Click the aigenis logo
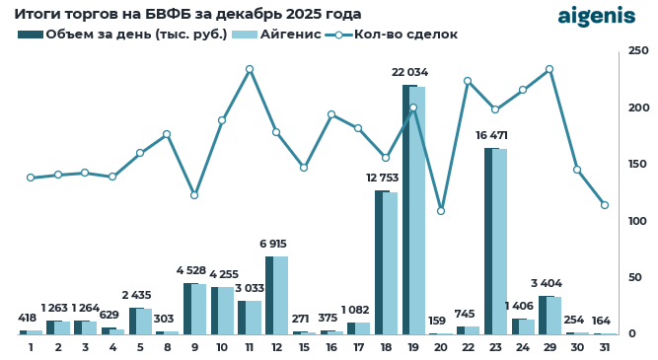[x=597, y=16]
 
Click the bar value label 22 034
[x=410, y=72]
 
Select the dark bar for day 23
[x=490, y=241]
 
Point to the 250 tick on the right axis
[x=639, y=51]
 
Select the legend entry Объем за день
[x=122, y=35]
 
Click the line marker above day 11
[x=250, y=69]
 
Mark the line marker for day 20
[x=441, y=211]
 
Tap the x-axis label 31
[x=604, y=347]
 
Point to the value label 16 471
[x=495, y=135]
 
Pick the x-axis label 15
[x=304, y=347]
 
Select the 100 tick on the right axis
[x=639, y=221]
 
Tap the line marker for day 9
[x=194, y=195]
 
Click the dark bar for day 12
[x=269, y=295]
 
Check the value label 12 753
[x=386, y=178]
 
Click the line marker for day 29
[x=549, y=69]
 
